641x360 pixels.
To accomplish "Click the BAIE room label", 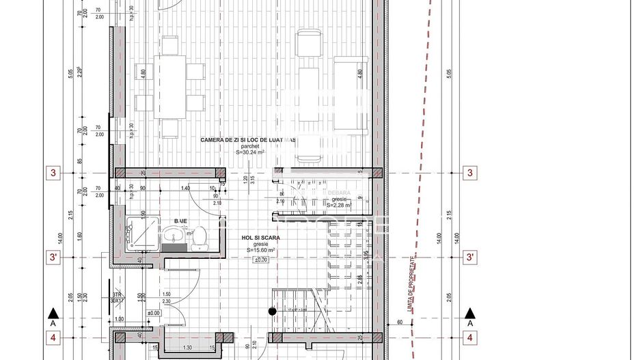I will (x=180, y=221).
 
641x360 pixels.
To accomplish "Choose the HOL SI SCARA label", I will (x=260, y=238).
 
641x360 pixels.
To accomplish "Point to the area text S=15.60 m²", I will (x=260, y=251).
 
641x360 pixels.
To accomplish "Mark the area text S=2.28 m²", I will (x=338, y=204).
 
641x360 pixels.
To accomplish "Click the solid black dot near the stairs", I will (x=272, y=311).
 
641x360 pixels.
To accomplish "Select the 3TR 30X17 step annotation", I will (x=117, y=296).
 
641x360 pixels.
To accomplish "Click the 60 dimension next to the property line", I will (x=399, y=322).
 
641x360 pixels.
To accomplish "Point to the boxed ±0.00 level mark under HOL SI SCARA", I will (x=260, y=260).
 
